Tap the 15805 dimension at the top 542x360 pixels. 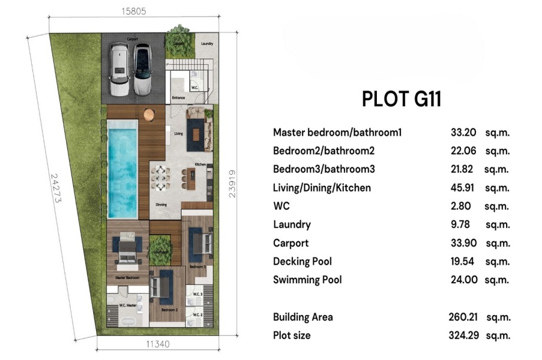[133, 11]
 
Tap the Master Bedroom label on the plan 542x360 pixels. [127, 277]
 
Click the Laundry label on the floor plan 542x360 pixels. [206, 44]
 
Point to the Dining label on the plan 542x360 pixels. [160, 205]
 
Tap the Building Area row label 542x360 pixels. [303, 317]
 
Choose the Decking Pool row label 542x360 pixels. [302, 261]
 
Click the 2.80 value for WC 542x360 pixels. [462, 206]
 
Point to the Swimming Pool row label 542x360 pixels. [307, 280]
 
